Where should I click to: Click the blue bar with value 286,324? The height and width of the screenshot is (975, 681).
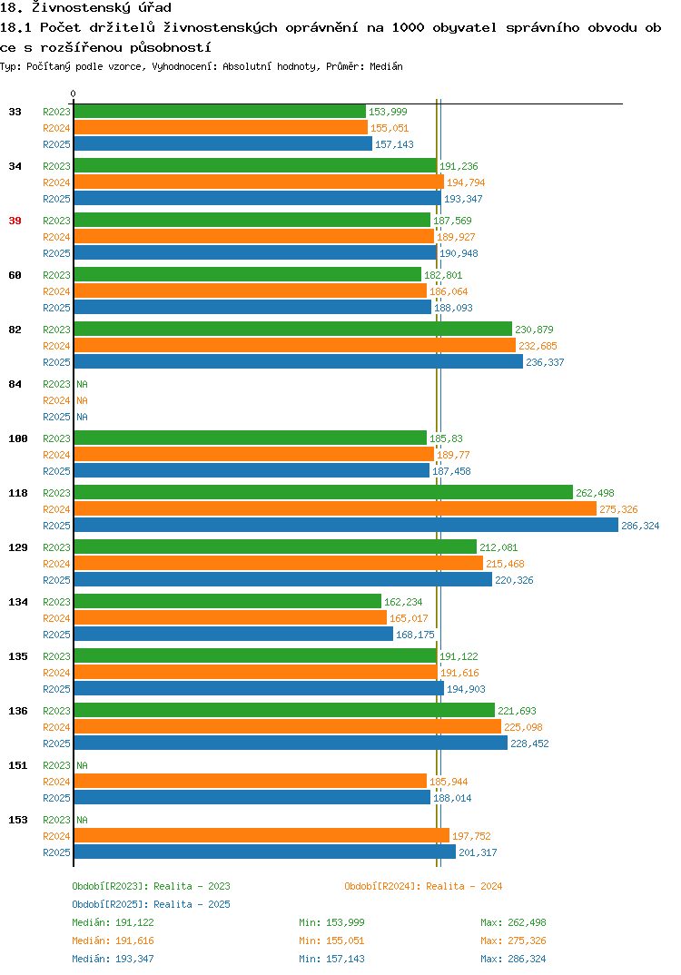[347, 526]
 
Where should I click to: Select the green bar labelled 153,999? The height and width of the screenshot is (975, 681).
[220, 112]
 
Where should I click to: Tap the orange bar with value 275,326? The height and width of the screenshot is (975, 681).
[335, 509]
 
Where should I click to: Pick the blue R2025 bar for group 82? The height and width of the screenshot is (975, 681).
[299, 362]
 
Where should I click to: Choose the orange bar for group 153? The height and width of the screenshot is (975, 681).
[262, 836]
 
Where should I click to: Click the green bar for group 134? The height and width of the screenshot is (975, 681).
[228, 601]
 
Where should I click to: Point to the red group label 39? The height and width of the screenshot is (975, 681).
[15, 221]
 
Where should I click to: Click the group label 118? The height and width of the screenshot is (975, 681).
[18, 493]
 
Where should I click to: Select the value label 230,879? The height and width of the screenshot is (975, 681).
[534, 330]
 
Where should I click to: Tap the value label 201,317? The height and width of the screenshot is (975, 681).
[478, 852]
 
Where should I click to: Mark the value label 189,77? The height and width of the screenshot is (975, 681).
[453, 455]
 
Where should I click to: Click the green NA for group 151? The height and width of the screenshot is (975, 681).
[82, 765]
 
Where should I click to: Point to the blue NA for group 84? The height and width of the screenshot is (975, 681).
[82, 417]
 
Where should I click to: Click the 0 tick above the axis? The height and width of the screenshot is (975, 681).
[74, 94]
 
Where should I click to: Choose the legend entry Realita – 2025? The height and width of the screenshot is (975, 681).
[151, 904]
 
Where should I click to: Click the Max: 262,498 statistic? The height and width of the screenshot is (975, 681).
[513, 922]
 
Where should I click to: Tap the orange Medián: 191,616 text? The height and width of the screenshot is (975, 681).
[113, 941]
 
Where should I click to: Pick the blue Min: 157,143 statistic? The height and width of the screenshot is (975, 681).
[331, 959]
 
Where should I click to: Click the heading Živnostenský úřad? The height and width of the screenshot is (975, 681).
[102, 8]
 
